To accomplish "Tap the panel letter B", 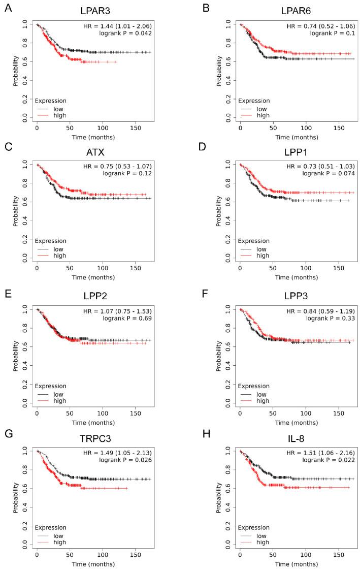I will tap(206, 8).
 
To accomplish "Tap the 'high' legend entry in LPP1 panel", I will tap(261, 256).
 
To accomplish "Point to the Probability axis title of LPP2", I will tap(16, 356).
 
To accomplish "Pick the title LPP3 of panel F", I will tap(297, 296).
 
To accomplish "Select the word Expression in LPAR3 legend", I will tap(50, 100).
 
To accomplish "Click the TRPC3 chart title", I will tap(93, 439).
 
